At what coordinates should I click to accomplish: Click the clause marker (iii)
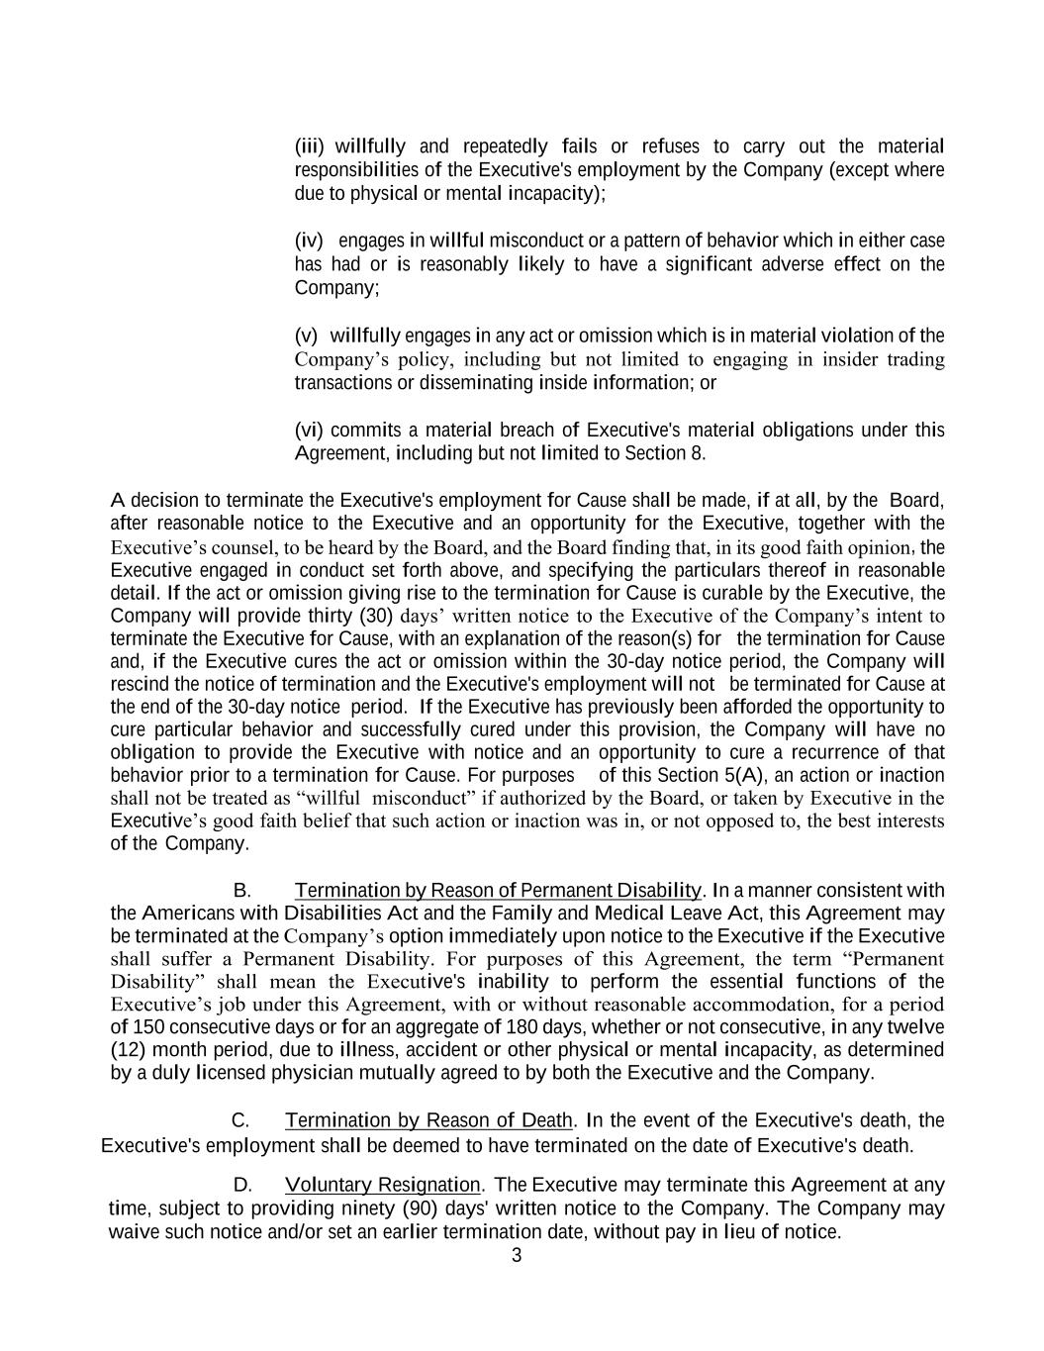tap(310, 146)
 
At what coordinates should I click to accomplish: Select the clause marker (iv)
tap(309, 241)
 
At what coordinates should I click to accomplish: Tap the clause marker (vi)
tap(309, 431)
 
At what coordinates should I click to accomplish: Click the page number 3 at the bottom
tap(517, 1256)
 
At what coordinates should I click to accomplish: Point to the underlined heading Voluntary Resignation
tap(382, 1185)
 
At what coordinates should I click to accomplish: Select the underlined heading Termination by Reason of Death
tap(428, 1120)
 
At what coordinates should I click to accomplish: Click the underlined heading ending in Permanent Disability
tap(498, 891)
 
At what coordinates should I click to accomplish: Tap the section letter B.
tap(241, 891)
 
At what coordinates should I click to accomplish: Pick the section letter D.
tap(242, 1185)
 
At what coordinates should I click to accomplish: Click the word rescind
tap(140, 685)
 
